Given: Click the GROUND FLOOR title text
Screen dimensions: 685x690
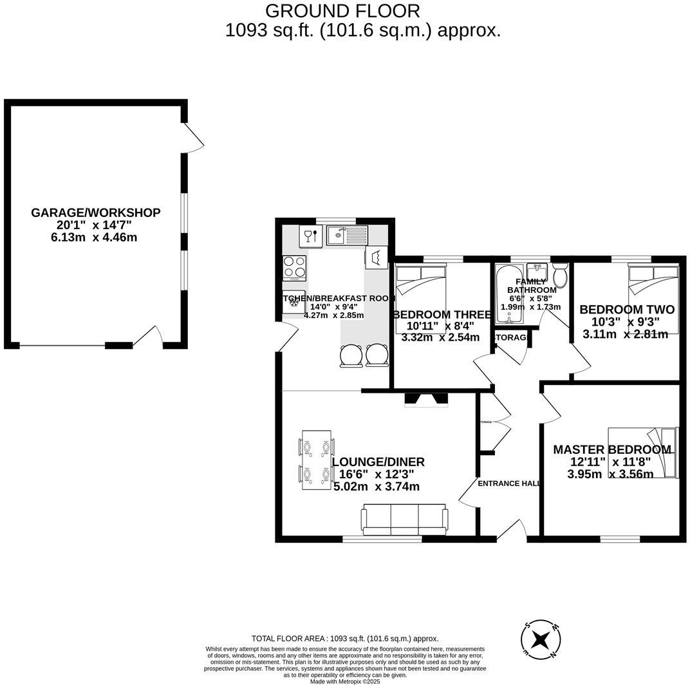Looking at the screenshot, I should pos(342,11).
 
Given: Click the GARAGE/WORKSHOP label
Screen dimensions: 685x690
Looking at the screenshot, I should pos(96,213).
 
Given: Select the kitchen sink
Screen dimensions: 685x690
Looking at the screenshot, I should pos(346,235).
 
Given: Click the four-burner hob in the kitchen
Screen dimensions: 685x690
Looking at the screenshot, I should pos(295,268).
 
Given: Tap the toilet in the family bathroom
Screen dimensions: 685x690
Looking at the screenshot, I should pos(559,275).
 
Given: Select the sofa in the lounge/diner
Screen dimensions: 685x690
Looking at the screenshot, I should pos(404,520).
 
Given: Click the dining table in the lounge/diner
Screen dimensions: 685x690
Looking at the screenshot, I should pos(316,460).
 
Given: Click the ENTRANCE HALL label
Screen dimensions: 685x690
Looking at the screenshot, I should pos(508,483).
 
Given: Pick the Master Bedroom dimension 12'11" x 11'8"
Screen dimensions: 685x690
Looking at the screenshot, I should pos(611,462).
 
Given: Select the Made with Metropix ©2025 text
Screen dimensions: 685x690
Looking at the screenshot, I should pos(345,681).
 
